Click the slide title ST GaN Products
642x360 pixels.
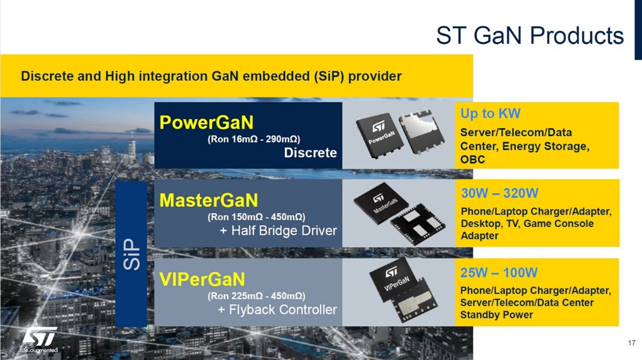pyautogui.click(x=530, y=35)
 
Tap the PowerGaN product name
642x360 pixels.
pyautogui.click(x=206, y=122)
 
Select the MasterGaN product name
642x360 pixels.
pyautogui.click(x=208, y=200)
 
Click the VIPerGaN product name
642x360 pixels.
pyautogui.click(x=202, y=279)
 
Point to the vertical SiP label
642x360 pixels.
pyautogui.click(x=132, y=254)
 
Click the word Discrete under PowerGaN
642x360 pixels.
pyautogui.click(x=311, y=152)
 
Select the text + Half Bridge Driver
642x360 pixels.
pyautogui.click(x=279, y=231)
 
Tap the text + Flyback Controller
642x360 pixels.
pyautogui.click(x=277, y=310)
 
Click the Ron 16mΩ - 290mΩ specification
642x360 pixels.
pyautogui.click(x=254, y=139)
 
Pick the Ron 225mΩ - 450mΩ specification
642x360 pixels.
pyautogui.click(x=257, y=296)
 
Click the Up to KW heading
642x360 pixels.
pyautogui.click(x=490, y=113)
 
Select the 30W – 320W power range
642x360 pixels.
pyautogui.click(x=500, y=193)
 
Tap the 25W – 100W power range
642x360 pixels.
pyautogui.click(x=499, y=272)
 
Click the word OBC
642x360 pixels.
pyautogui.click(x=473, y=159)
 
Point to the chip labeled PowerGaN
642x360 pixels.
pyautogui.click(x=378, y=135)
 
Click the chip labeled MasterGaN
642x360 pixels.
pyautogui.click(x=381, y=203)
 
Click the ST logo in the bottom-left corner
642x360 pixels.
pyautogui.click(x=39, y=340)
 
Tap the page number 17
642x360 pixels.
pyautogui.click(x=631, y=343)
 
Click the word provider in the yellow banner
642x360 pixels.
pyautogui.click(x=375, y=76)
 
